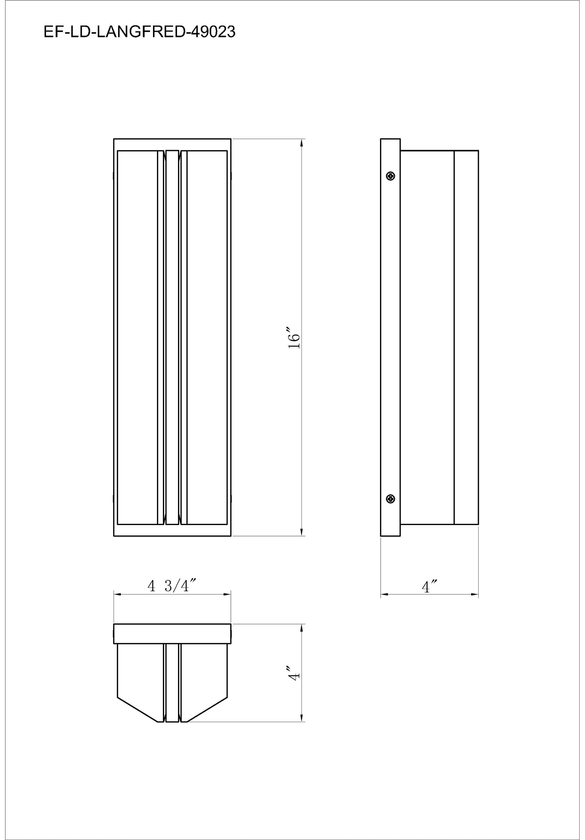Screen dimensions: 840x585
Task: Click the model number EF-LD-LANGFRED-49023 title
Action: point(139,32)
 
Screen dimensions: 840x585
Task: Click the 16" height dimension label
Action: point(294,340)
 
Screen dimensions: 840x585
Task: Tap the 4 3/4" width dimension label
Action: point(172,586)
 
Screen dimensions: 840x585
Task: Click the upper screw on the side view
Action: point(391,176)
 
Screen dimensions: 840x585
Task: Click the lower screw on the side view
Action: point(391,499)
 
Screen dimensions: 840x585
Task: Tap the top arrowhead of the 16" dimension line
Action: point(302,143)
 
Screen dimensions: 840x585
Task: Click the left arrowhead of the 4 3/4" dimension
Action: point(117,594)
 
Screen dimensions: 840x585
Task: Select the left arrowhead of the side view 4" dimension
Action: point(384,594)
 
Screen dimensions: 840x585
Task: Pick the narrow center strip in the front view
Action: point(172,337)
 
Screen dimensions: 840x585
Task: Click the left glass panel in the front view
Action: point(137,337)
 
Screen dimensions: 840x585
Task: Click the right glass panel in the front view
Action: point(207,337)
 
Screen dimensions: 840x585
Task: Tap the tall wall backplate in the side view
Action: point(391,337)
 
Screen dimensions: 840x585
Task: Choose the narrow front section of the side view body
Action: point(466,337)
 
